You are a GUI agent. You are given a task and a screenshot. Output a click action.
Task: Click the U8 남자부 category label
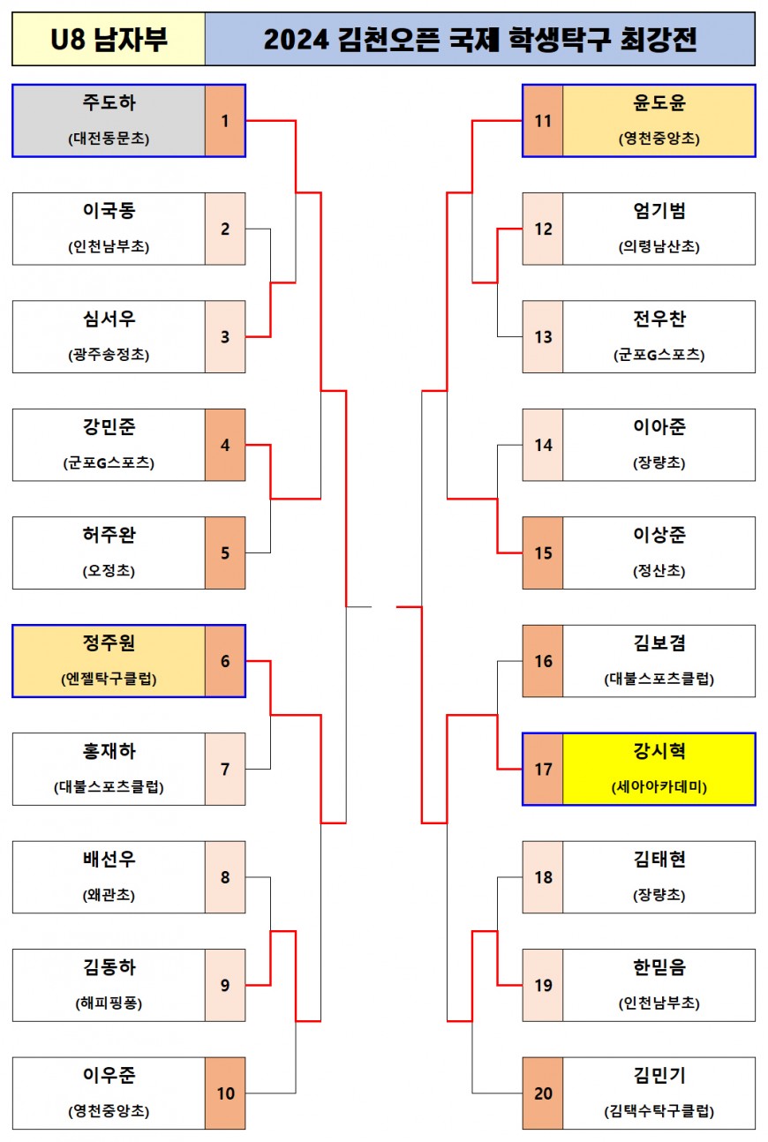point(109,40)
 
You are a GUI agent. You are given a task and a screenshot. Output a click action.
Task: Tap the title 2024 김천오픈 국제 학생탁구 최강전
point(479,40)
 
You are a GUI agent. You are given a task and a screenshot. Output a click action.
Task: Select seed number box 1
point(225,121)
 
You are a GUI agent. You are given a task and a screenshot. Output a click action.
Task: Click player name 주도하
point(109,103)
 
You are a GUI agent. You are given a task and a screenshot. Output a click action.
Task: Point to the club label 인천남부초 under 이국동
point(109,247)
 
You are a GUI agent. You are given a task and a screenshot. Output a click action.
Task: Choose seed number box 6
point(225,661)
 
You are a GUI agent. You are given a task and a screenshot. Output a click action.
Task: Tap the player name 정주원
point(109,644)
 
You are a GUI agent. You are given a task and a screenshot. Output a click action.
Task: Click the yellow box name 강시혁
point(659,752)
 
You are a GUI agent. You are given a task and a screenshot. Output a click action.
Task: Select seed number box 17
point(543,770)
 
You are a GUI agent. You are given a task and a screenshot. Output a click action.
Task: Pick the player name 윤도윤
point(659,103)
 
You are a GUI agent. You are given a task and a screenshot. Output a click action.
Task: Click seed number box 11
point(543,121)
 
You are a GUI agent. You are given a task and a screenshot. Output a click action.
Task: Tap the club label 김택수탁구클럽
point(659,1111)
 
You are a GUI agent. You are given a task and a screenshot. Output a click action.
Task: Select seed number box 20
point(543,1093)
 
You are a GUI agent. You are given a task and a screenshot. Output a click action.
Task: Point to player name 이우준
point(109,1076)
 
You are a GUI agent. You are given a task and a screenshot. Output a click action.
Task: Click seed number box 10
point(225,1093)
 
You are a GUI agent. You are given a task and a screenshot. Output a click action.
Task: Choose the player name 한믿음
point(659,968)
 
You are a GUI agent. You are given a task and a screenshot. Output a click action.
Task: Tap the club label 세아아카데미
point(659,787)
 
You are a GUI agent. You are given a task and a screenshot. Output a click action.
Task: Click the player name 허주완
point(109,536)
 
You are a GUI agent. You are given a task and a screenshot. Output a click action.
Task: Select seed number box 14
point(543,445)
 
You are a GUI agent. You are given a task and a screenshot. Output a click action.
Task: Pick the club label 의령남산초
point(659,247)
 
